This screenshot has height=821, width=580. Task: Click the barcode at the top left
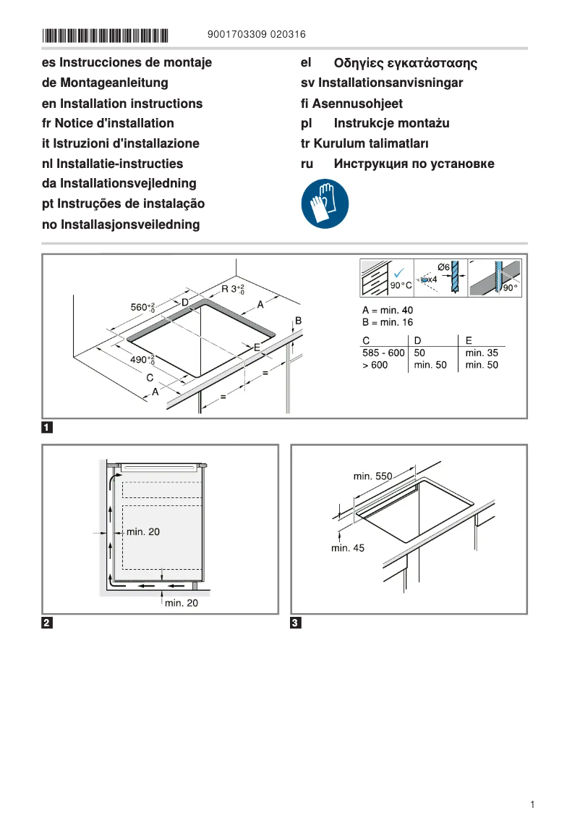click(x=105, y=35)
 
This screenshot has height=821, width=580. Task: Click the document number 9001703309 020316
click(x=256, y=35)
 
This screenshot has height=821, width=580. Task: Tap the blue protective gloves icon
click(x=325, y=203)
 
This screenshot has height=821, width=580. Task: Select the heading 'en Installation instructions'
click(x=122, y=104)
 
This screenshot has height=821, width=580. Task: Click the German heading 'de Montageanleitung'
click(x=105, y=83)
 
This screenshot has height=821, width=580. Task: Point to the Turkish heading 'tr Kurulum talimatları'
click(x=364, y=144)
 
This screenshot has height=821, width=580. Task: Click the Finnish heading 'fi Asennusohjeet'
click(x=351, y=104)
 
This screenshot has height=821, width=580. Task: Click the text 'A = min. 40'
click(x=388, y=311)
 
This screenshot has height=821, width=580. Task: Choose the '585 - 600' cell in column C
click(x=383, y=353)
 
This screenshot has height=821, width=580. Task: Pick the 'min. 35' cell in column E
click(x=482, y=353)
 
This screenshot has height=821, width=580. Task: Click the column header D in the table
click(x=418, y=340)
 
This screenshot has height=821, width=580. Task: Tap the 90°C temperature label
click(x=401, y=286)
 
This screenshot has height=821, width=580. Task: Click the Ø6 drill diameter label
click(x=444, y=267)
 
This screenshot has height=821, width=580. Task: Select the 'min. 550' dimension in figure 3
click(x=372, y=476)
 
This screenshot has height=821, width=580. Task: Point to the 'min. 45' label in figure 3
click(x=348, y=548)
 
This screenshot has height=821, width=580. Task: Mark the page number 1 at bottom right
click(x=532, y=804)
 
